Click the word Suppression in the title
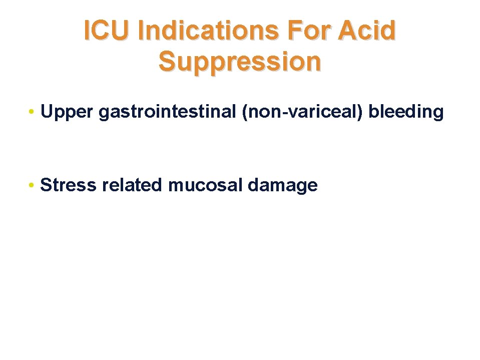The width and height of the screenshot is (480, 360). tap(240, 62)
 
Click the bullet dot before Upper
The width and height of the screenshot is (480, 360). tap(32, 113)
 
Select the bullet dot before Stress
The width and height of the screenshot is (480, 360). tap(32, 186)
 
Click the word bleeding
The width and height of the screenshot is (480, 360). tap(406, 113)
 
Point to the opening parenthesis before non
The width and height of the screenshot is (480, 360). tap(244, 113)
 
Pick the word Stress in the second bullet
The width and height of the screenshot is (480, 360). tap(69, 185)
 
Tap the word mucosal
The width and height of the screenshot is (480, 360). tap(205, 185)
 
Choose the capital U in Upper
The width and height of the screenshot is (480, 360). tap(47, 112)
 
